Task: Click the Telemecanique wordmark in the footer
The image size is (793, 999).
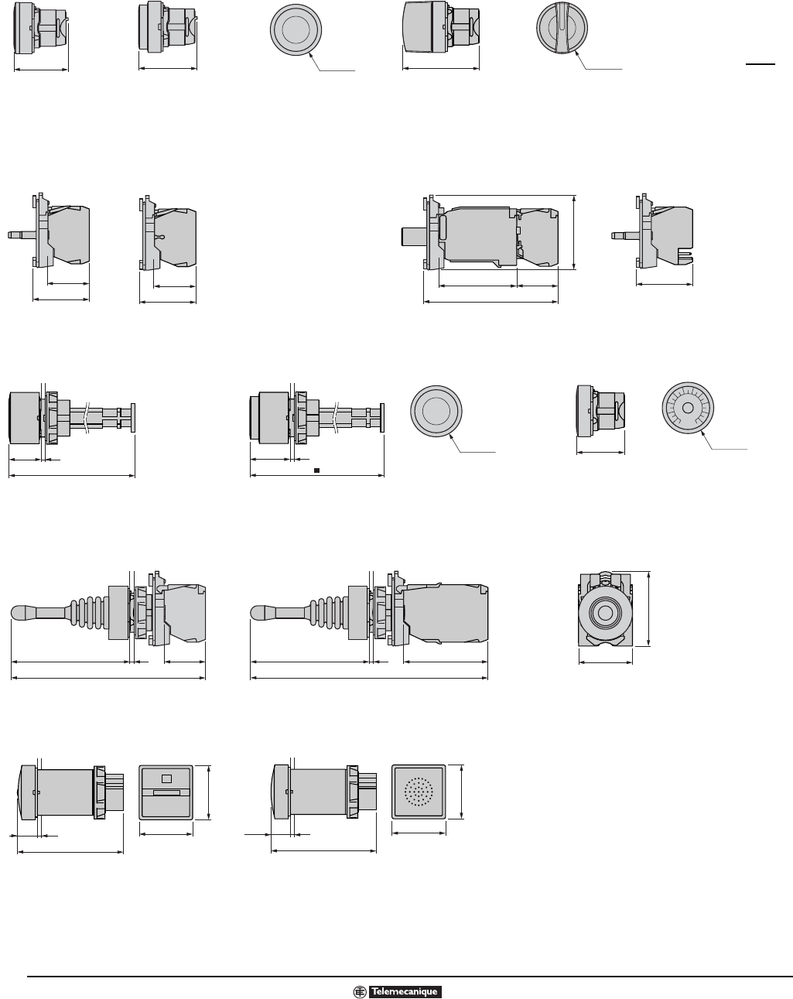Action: (405, 988)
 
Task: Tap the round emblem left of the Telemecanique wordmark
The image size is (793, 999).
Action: (360, 988)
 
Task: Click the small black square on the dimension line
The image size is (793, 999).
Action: (316, 470)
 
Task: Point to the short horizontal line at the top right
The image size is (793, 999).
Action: (761, 64)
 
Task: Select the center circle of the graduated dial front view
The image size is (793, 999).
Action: (688, 408)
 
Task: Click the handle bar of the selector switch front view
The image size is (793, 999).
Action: (562, 28)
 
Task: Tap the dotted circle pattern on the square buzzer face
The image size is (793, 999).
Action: (419, 792)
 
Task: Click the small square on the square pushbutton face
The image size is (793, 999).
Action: (166, 778)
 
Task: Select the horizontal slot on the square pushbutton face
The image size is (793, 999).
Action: (166, 792)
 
